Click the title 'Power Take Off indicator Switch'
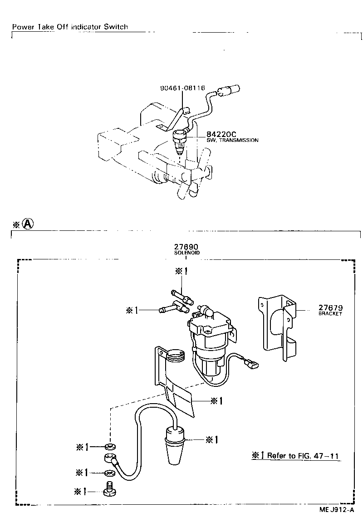click(x=70, y=27)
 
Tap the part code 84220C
click(x=221, y=134)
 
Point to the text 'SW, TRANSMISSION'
click(x=232, y=141)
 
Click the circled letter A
click(x=28, y=224)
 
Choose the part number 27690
click(x=186, y=247)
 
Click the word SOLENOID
click(x=186, y=253)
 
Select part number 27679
click(x=330, y=307)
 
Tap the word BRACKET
click(x=330, y=314)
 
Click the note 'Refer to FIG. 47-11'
click(x=296, y=456)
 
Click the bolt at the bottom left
click(x=108, y=490)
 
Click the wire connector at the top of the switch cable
click(x=229, y=91)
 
